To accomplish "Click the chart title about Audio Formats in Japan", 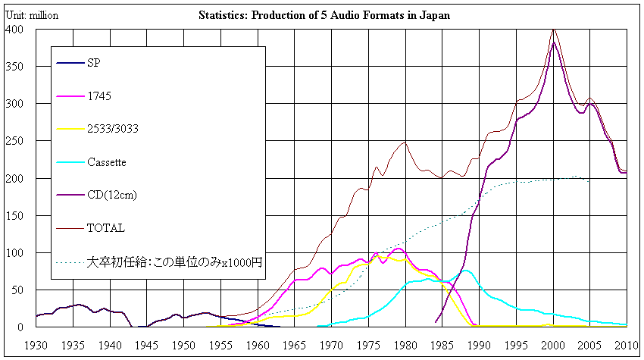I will click(324, 15).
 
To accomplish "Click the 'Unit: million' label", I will click(31, 15).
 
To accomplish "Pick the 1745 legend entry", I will click(98, 96).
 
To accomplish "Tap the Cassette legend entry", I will click(106, 162).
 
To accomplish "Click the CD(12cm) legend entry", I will click(112, 195).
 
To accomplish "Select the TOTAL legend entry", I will click(105, 227).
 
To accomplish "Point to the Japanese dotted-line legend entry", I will click(174, 263).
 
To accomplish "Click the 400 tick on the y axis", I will click(14, 30).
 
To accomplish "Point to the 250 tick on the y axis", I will click(14, 141).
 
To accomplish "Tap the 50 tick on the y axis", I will click(17, 290).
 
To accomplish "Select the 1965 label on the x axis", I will click(294, 346).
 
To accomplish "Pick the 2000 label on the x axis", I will click(553, 346).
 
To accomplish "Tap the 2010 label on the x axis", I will click(626, 346).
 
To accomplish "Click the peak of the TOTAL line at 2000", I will click(554, 29).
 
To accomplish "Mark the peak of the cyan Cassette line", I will click(465, 271).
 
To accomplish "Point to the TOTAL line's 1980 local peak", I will click(405, 142).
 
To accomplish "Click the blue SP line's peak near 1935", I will click(77, 305).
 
